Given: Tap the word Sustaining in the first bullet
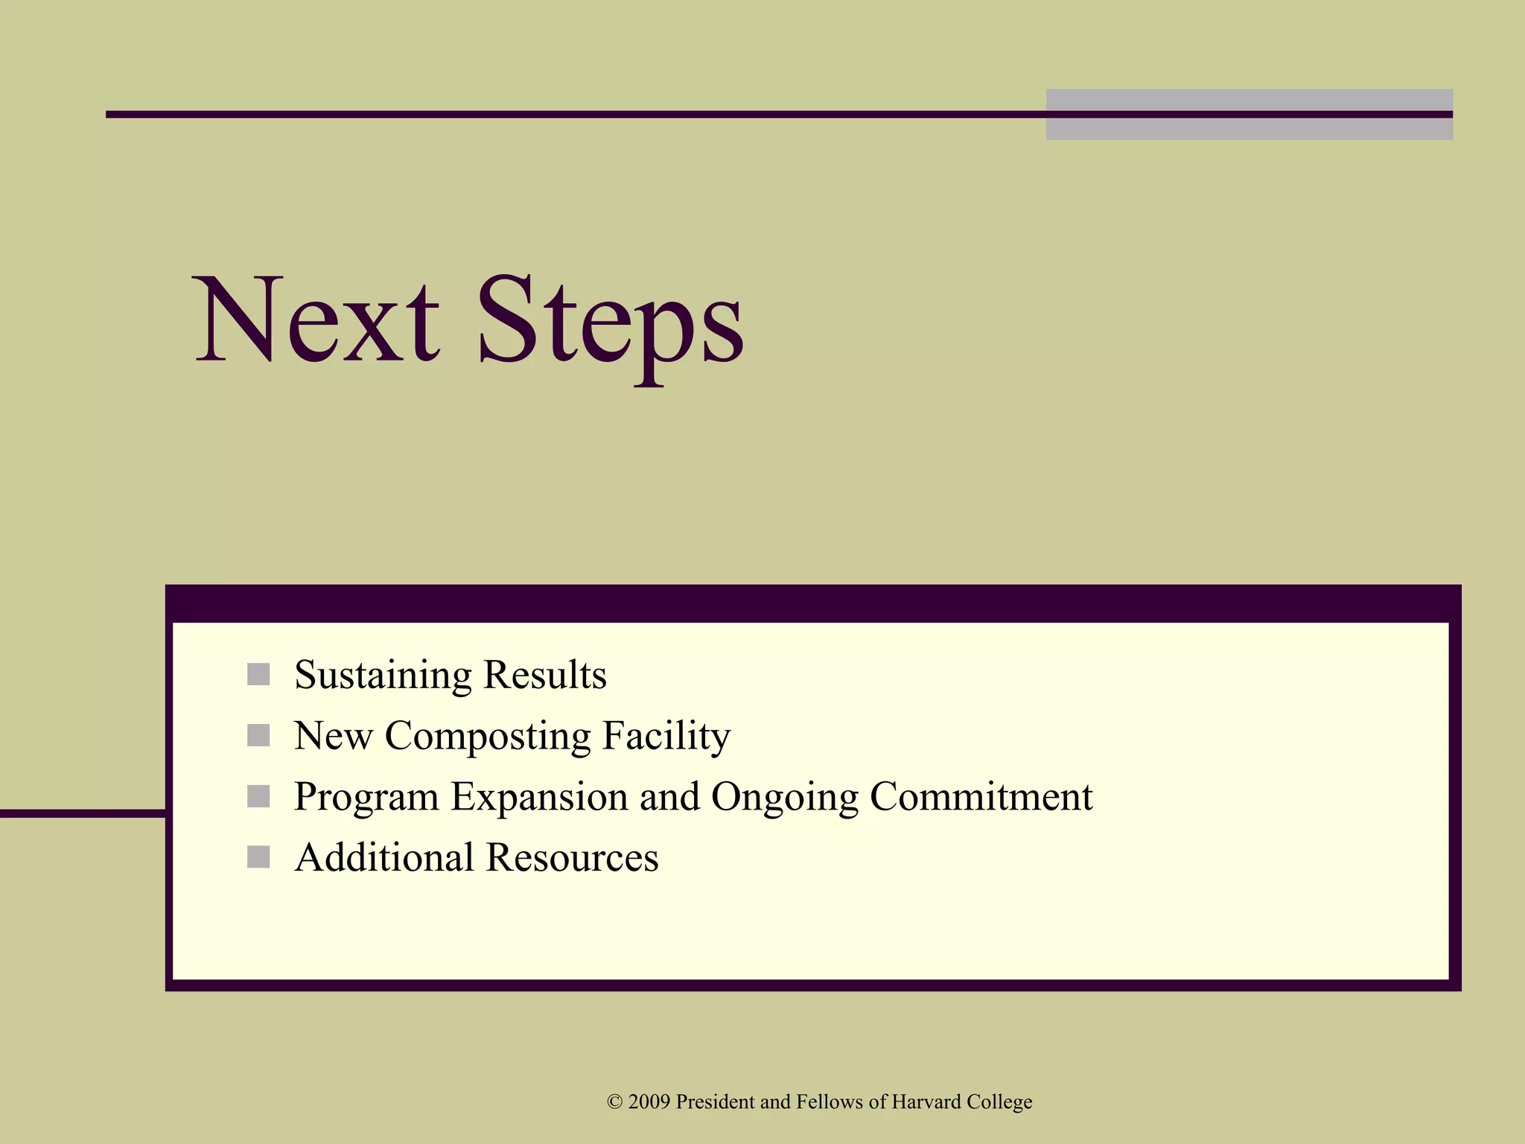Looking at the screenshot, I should [x=383, y=676].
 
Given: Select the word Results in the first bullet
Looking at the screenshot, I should [x=544, y=674].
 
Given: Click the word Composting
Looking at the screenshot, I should [x=488, y=737].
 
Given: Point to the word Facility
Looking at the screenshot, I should [x=666, y=737].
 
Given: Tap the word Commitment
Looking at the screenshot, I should [x=981, y=796].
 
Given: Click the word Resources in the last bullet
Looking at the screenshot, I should [x=572, y=857].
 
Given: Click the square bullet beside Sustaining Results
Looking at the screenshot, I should [x=258, y=675].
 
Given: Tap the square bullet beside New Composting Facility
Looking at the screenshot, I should [x=258, y=736].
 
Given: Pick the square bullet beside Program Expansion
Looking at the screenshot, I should [x=258, y=796].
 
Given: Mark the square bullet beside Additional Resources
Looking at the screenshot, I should [x=258, y=857].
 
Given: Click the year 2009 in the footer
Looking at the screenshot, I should [x=649, y=1102].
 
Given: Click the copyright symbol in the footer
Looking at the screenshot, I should [x=614, y=1102].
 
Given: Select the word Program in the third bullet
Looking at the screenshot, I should [x=367, y=798].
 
